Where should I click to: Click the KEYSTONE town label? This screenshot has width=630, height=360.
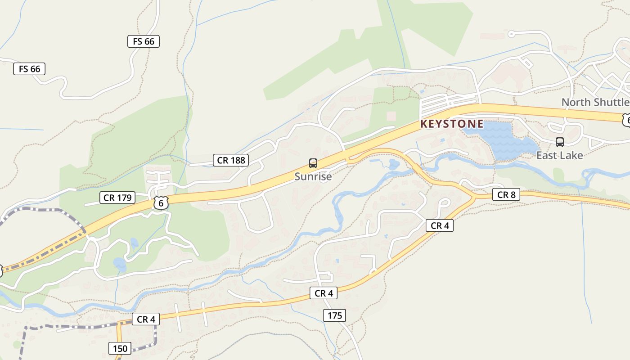452,124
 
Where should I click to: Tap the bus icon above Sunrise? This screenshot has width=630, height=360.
313,163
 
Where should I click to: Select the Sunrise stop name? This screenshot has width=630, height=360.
313,176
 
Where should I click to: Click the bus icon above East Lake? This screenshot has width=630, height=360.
560,142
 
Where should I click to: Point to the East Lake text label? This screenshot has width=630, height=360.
559,155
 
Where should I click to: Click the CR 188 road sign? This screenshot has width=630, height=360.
231,160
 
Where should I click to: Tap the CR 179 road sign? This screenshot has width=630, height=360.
117,197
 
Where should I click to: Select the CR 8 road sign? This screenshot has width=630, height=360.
506,194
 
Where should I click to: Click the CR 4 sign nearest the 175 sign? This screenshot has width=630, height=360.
324,293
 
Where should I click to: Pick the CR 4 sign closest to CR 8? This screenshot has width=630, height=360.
440,225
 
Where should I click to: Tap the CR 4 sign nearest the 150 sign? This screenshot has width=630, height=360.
146,319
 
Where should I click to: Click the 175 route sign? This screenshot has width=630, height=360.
335,315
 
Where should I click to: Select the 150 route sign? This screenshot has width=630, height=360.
120,348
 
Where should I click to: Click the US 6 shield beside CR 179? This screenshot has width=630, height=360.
161,202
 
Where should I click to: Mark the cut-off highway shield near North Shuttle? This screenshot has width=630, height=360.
626,119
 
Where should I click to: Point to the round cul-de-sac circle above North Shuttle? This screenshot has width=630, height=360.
511,34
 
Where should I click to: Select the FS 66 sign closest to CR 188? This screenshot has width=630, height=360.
144,41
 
